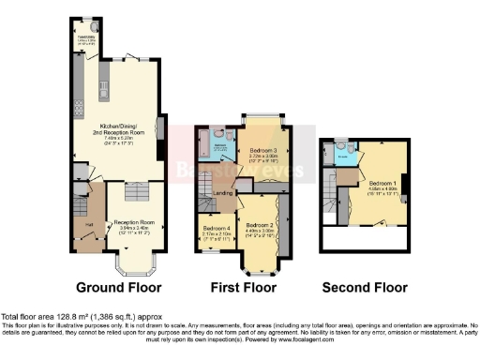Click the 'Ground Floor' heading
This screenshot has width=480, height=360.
(x=118, y=286)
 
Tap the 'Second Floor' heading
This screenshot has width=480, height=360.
(x=365, y=286)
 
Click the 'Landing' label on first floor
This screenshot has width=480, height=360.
(x=223, y=194)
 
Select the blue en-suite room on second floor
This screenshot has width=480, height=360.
(x=345, y=149)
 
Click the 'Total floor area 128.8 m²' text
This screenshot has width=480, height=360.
(x=56, y=318)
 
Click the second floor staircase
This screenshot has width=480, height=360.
(x=330, y=200)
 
